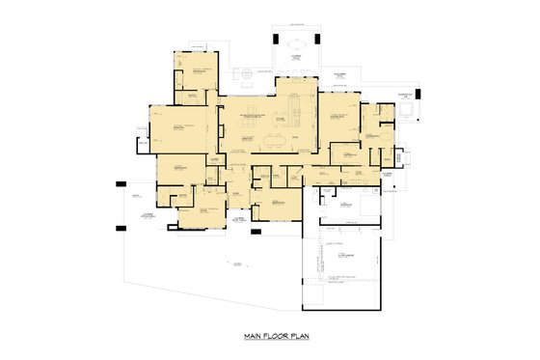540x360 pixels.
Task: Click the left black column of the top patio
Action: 276,40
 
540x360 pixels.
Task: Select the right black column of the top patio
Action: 318,40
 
